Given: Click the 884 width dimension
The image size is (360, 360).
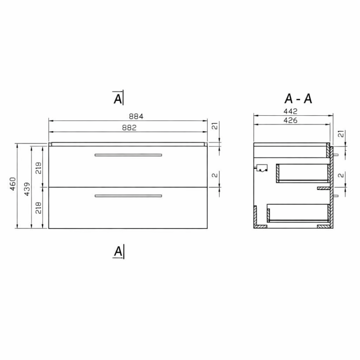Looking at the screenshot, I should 129,116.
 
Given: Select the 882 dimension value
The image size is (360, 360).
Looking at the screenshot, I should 129,128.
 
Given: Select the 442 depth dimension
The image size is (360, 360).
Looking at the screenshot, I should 291,111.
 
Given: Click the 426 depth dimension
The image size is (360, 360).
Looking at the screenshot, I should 291,120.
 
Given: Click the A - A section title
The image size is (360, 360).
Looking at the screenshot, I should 298,98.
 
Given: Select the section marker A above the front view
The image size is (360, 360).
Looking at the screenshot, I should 118,98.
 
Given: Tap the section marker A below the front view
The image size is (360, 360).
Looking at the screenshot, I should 118,251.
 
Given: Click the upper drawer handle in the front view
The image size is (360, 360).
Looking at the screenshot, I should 128,154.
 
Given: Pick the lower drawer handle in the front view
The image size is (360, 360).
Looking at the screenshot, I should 128,195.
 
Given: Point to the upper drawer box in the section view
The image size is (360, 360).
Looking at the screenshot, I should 302,173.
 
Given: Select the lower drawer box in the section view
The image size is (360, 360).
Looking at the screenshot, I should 298,212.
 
